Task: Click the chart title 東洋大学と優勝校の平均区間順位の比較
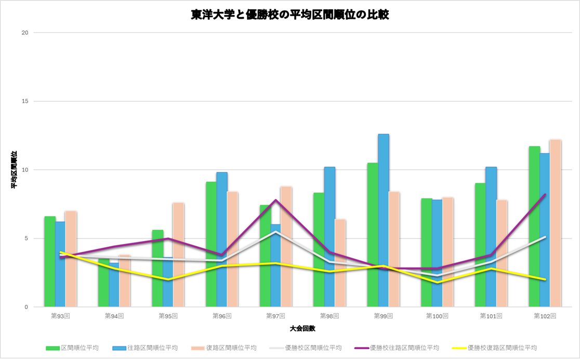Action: [x=289, y=15]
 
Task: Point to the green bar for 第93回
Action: [x=50, y=260]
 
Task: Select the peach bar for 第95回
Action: [x=178, y=255]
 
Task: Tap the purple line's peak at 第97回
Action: [x=276, y=200]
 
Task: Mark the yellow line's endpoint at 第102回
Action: [x=545, y=279]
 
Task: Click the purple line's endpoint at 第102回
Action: [x=545, y=194]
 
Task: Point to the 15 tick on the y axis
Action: [x=24, y=101]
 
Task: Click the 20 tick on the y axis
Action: [x=24, y=33]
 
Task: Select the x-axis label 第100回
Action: [x=437, y=315]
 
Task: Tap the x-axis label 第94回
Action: [x=114, y=315]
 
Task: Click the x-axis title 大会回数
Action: [x=302, y=329]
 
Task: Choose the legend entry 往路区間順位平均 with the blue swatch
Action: [x=152, y=348]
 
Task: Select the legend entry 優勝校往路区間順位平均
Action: [x=404, y=348]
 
